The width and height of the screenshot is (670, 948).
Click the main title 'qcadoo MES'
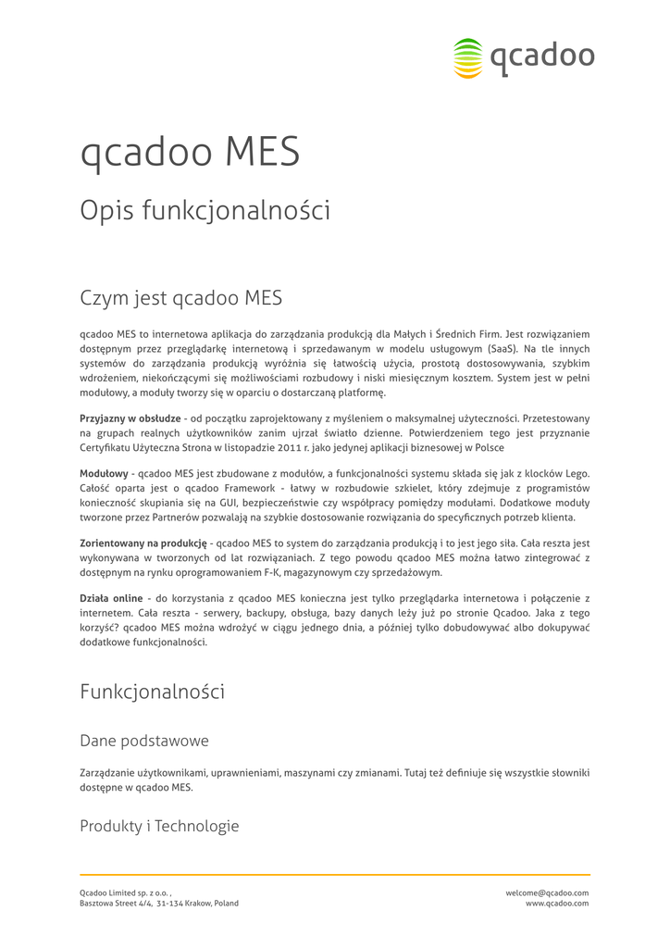click(x=190, y=153)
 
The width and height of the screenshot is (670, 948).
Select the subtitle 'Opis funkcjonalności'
click(x=205, y=211)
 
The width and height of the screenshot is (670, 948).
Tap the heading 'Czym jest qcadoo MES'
click(x=180, y=298)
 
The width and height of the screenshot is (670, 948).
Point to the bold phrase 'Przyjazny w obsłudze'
click(x=130, y=418)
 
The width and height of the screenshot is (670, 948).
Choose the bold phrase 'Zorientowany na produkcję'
click(x=143, y=543)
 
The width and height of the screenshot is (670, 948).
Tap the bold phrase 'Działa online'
click(x=111, y=598)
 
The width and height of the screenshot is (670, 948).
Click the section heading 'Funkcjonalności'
click(x=152, y=692)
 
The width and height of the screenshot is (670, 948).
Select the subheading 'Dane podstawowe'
click(x=143, y=741)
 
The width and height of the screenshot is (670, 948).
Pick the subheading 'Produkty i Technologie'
click(x=159, y=826)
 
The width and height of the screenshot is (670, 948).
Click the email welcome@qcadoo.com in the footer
click(x=547, y=892)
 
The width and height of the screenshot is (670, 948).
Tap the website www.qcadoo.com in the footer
click(x=557, y=904)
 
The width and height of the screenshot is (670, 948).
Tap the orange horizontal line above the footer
click(x=335, y=874)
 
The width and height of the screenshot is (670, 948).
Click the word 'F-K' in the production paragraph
click(x=320, y=572)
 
